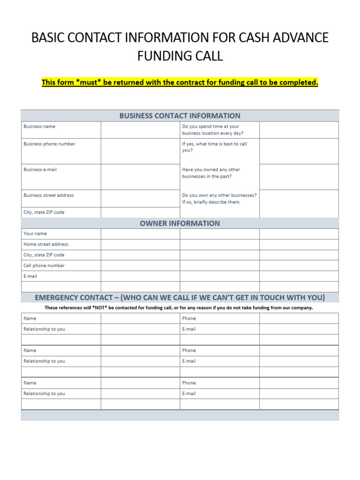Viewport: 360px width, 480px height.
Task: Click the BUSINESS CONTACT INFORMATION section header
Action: [180, 115]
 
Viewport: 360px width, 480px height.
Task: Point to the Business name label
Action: [39, 127]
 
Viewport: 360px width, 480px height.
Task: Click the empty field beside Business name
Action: [140, 130]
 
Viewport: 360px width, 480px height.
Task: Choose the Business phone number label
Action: [49, 144]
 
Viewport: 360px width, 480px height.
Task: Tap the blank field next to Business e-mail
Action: [140, 177]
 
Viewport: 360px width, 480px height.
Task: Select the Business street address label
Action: [48, 195]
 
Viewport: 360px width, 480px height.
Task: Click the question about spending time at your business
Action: [213, 130]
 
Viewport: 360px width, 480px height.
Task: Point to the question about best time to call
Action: [215, 147]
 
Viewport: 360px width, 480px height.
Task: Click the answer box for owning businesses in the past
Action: [299, 177]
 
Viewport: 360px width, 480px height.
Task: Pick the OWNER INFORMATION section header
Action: [180, 223]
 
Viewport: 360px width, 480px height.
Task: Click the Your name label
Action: [35, 233]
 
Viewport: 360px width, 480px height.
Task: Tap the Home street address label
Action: [46, 244]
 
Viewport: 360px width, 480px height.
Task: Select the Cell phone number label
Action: [44, 265]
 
